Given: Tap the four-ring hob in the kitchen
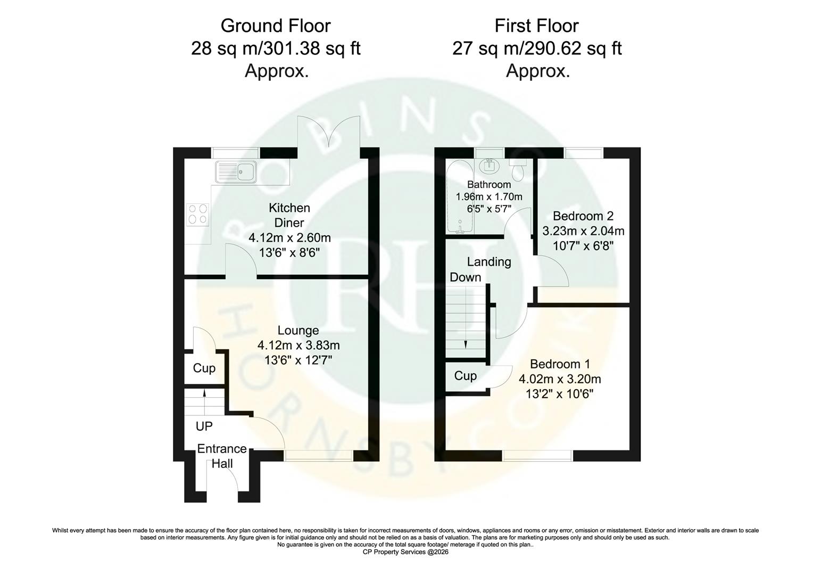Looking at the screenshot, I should point(197,213).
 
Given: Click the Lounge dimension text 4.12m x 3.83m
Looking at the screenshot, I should point(298,346).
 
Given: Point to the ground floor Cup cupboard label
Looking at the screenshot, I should point(204,368).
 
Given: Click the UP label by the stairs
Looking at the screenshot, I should point(204,426).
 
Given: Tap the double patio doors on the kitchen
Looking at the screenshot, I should point(329,133).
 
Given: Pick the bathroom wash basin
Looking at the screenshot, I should point(488,166).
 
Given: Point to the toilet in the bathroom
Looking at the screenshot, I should point(517,169).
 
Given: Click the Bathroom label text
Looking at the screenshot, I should point(489,185).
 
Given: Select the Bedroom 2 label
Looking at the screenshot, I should point(583,216).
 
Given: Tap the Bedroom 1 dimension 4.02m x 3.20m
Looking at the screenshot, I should point(560,379).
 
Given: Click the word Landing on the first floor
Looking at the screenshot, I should point(489,262).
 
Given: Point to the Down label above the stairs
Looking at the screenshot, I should point(466,277).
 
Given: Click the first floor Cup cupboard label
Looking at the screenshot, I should point(466,376).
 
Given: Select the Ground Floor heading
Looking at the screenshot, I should point(276,26).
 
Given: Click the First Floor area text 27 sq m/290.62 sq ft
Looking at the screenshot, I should point(537,48).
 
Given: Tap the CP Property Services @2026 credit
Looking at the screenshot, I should point(405,553).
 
